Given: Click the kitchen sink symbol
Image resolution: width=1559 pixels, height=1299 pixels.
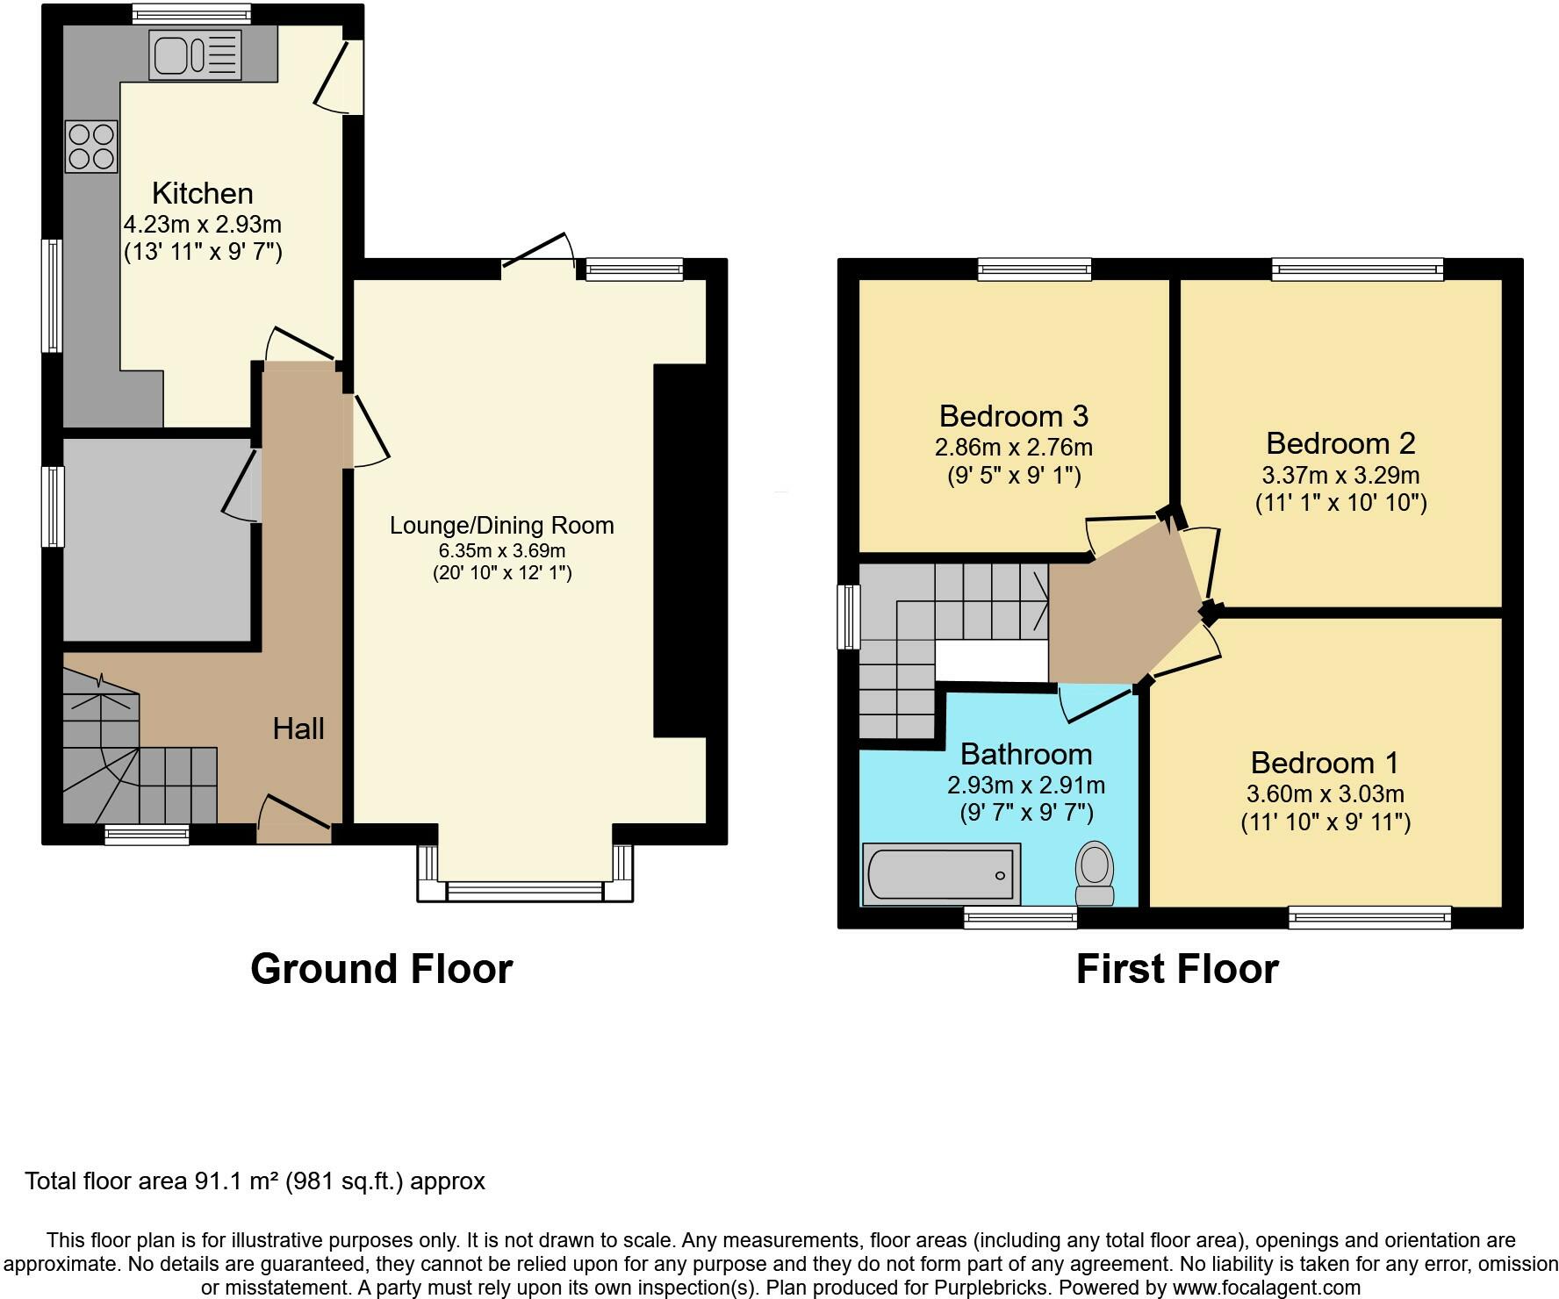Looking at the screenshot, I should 194,54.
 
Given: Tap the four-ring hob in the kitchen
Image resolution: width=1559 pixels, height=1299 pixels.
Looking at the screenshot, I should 91,147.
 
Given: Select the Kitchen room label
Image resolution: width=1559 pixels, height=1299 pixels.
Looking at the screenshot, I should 202,193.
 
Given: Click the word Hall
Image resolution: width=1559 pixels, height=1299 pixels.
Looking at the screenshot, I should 298,728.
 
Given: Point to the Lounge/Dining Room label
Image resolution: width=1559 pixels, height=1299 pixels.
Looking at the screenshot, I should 501,526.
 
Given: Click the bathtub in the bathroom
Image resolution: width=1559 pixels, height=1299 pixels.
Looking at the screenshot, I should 941,874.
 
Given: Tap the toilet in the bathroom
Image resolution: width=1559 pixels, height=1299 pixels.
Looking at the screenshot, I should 1095,872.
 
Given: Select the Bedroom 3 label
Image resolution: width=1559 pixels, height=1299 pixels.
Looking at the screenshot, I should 1013,415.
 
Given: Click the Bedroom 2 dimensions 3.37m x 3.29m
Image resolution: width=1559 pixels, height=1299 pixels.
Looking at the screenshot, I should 1340,476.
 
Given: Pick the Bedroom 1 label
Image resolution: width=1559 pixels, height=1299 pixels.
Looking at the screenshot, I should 1324,763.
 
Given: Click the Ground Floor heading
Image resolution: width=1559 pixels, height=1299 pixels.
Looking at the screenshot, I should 381,969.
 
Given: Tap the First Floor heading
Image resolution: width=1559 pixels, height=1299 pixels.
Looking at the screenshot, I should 1176,969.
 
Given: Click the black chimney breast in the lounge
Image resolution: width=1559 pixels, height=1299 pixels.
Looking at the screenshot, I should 679,550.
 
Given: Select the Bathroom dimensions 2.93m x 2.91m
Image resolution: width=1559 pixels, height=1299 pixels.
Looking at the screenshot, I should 1025,785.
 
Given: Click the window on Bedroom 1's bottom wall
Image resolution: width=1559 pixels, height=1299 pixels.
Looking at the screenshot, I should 1369,918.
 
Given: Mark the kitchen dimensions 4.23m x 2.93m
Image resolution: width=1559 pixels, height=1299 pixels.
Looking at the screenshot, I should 202,225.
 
